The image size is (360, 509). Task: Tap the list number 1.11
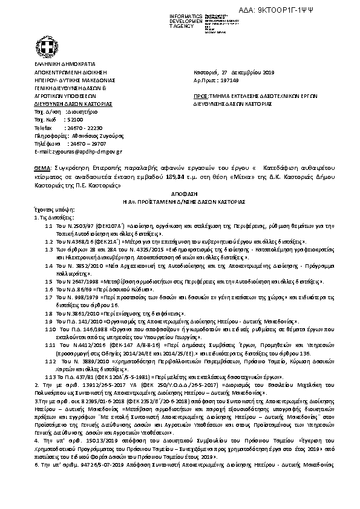51,343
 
